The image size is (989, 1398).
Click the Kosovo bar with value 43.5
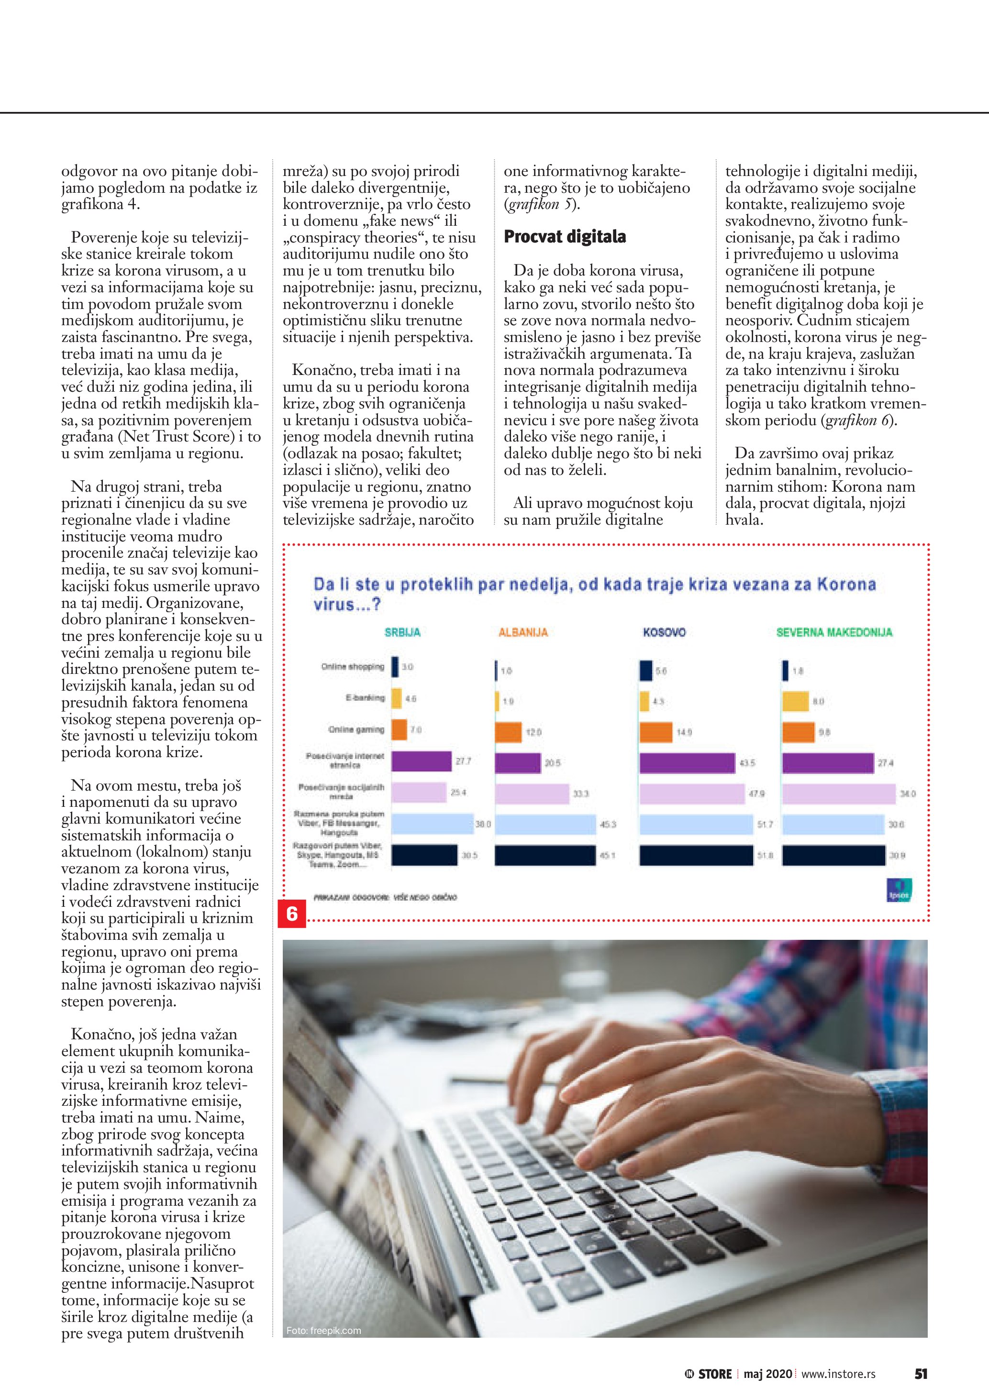tap(687, 763)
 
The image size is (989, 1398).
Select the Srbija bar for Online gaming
tap(399, 729)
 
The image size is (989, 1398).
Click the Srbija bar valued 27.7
tap(422, 761)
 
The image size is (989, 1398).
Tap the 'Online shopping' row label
tap(353, 667)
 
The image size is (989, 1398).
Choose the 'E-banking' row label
tap(366, 698)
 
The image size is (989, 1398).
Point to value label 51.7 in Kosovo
tap(765, 825)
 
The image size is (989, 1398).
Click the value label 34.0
tap(907, 794)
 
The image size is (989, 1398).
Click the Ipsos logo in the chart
tap(899, 890)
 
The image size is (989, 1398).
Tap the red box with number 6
tap(292, 914)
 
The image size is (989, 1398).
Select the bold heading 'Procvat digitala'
tap(565, 237)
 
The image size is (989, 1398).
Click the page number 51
tap(921, 1374)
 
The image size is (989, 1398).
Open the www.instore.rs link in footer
tap(838, 1374)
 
